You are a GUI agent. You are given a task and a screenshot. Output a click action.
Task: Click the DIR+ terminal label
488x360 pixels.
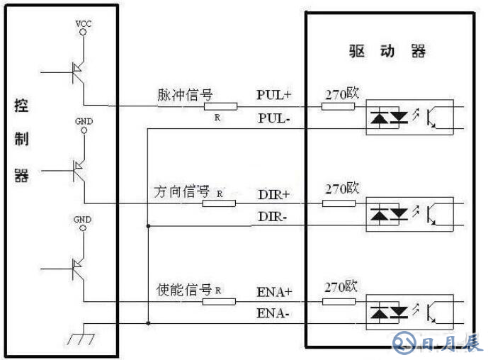[x=274, y=193]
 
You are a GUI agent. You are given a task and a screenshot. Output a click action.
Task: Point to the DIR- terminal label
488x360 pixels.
[x=273, y=215]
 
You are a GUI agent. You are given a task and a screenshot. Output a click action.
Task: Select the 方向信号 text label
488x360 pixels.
[x=182, y=192]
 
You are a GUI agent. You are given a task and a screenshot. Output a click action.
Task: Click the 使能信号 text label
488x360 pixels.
[x=183, y=290]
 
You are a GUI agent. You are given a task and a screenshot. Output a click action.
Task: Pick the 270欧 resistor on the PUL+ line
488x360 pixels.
[x=339, y=107]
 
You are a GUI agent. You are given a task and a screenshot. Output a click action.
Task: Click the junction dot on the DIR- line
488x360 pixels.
[x=147, y=225]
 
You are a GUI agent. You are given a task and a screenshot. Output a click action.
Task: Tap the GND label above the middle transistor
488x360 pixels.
[x=84, y=121]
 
